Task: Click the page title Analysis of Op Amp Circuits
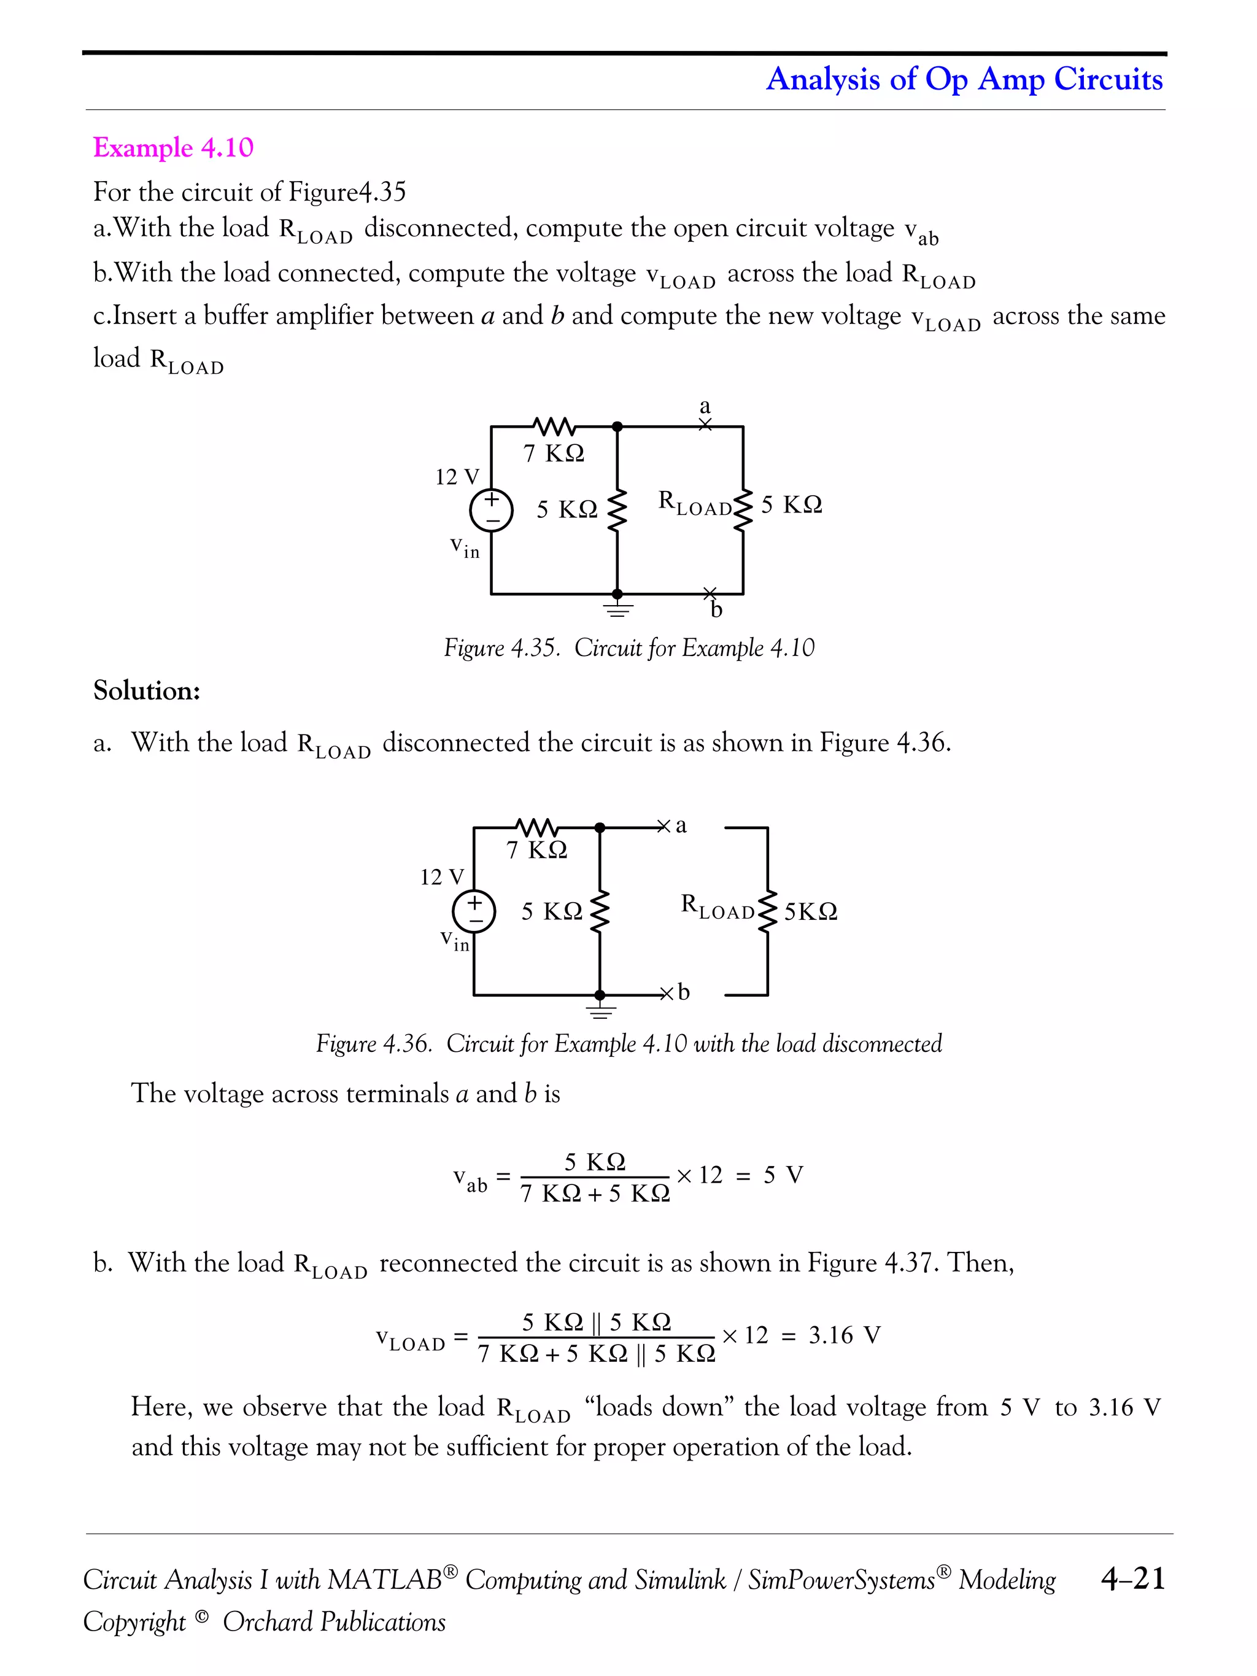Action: click(x=964, y=79)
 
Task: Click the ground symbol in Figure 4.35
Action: click(x=617, y=608)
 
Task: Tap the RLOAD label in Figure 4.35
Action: click(x=694, y=503)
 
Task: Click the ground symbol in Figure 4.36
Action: click(x=600, y=1010)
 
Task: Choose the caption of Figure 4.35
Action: click(x=629, y=648)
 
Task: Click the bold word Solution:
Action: click(x=146, y=690)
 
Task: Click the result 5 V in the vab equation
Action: click(x=783, y=1175)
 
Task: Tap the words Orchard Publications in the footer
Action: click(x=333, y=1621)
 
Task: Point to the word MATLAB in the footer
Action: click(x=385, y=1580)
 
